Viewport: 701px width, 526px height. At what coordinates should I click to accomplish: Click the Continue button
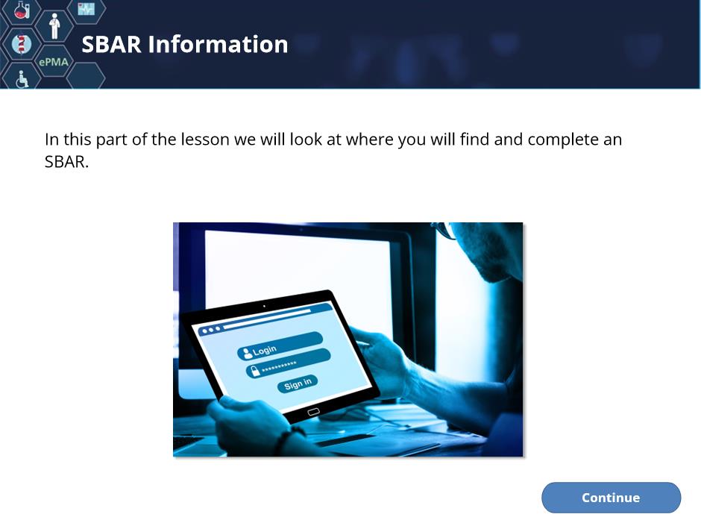pos(611,498)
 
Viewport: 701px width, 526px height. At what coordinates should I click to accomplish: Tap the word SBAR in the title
pos(111,44)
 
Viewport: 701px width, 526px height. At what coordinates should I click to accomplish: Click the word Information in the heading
pos(218,44)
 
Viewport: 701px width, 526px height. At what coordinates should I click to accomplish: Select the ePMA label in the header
pos(54,62)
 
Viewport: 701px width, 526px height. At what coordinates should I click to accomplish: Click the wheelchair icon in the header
pos(22,79)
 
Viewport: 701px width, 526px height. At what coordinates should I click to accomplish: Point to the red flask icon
pos(22,10)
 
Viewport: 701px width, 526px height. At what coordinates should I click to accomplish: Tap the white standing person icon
pos(54,26)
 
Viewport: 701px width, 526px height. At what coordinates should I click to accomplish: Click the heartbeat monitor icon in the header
pos(87,9)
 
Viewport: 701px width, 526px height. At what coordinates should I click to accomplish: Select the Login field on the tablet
pos(280,345)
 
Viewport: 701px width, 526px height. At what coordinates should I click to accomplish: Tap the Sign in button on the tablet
pos(298,383)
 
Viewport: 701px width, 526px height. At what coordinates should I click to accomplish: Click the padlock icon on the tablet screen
pos(254,371)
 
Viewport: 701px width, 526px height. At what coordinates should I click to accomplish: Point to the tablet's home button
pos(313,412)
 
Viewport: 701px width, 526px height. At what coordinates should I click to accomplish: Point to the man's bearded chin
pos(491,269)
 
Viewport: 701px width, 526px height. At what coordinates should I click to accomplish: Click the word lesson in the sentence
pos(205,140)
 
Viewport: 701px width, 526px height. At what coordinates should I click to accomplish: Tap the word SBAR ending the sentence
pos(66,162)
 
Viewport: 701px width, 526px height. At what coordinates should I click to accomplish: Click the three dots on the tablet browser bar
pos(211,330)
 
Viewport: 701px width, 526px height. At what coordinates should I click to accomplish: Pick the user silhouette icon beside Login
pos(247,354)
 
